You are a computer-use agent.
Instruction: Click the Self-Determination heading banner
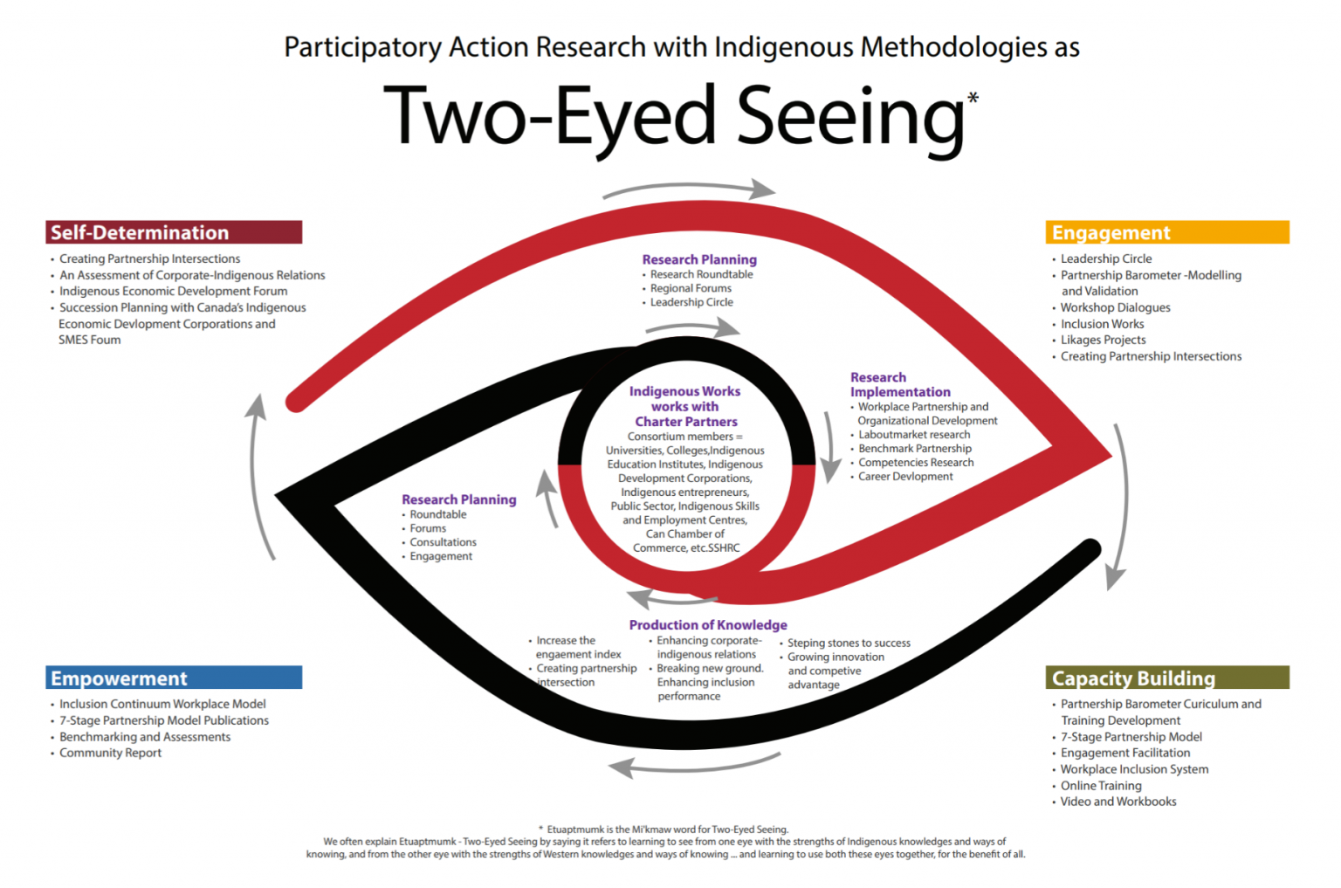[174, 232]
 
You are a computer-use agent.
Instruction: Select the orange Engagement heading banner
[1166, 232]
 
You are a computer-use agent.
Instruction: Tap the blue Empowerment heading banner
[174, 678]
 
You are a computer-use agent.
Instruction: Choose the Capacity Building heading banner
[1166, 678]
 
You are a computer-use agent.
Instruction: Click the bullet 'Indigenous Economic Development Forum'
[173, 292]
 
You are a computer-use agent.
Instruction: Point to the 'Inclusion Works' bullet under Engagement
[1102, 324]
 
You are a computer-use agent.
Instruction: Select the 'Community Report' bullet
[110, 754]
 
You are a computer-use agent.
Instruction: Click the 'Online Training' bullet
[1101, 786]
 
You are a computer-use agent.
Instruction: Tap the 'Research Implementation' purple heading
[899, 385]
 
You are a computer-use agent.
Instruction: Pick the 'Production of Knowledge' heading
[708, 625]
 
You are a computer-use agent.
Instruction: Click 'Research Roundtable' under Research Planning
[701, 274]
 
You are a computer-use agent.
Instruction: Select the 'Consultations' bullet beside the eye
[443, 542]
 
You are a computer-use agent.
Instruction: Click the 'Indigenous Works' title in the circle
[684, 392]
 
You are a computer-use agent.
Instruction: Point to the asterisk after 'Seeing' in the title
[973, 99]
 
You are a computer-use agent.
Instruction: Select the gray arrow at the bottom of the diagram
[693, 765]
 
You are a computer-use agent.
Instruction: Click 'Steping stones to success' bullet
[849, 644]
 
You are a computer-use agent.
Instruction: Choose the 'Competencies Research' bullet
[916, 463]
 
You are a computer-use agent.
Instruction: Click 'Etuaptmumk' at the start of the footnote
[575, 829]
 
